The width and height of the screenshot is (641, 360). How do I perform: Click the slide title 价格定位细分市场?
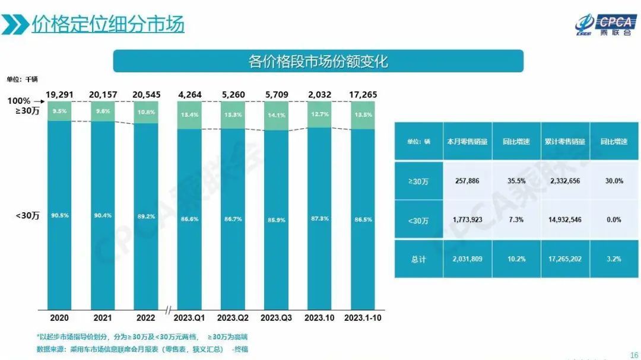(x=108, y=24)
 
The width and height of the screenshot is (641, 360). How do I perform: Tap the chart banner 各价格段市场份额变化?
(x=318, y=61)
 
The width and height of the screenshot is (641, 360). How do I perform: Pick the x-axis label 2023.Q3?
(x=277, y=318)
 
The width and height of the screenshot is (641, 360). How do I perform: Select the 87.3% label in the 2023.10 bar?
(x=320, y=219)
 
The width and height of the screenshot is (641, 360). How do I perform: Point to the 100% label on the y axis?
(x=19, y=101)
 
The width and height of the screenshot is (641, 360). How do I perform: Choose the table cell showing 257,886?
(x=467, y=181)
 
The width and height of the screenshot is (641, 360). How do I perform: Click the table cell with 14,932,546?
(x=564, y=219)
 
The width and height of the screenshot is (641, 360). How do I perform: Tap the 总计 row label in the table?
(x=418, y=259)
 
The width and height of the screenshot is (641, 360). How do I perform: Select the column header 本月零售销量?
(x=467, y=142)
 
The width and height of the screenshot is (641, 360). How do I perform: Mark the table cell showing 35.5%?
(x=516, y=181)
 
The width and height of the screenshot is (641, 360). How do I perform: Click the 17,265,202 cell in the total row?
(x=564, y=259)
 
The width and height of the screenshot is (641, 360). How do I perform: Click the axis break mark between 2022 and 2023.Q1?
(x=168, y=310)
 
